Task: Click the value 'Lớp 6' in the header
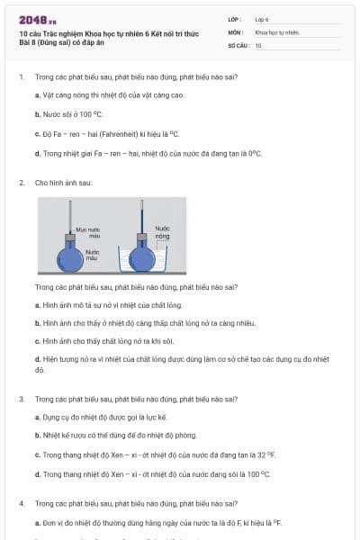point(262,18)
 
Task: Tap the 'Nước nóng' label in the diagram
point(163,232)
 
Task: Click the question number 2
point(21,183)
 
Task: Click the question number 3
point(21,399)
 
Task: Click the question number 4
point(21,503)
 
